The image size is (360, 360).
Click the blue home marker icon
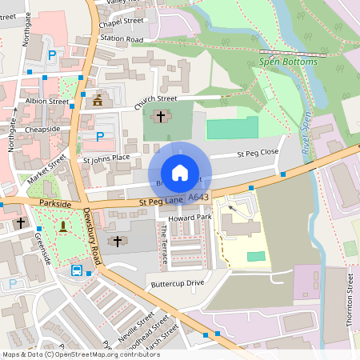(180, 172)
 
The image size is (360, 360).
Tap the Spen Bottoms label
(289, 62)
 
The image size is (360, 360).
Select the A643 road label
(199, 197)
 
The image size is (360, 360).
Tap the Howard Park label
(190, 217)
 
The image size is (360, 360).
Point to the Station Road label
(122, 38)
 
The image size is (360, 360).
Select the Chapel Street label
(121, 22)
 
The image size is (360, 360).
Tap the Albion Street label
(47, 102)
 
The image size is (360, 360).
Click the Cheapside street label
(42, 129)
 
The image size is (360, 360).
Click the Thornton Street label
(350, 295)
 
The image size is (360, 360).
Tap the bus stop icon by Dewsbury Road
(78, 270)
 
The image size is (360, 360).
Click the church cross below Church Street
(160, 117)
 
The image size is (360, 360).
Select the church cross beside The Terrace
(117, 241)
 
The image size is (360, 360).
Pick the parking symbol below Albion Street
(99, 137)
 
